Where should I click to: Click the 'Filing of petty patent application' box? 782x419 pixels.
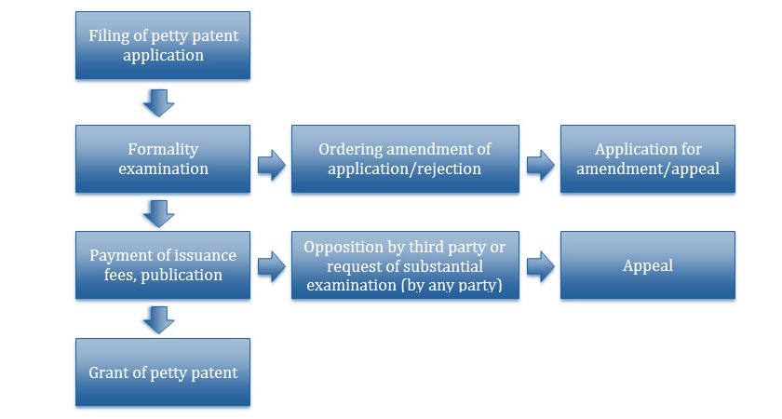coord(163,46)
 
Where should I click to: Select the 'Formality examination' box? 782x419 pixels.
coord(163,158)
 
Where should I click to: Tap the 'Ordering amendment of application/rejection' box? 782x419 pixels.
coord(405,158)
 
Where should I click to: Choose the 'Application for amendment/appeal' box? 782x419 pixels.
coord(648,158)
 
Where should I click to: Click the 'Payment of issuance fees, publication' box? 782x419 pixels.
coord(163,264)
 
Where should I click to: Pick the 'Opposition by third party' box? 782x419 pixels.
coord(405,264)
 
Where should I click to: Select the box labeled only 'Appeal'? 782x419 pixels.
coord(648,264)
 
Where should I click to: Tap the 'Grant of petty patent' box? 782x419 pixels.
coord(163,372)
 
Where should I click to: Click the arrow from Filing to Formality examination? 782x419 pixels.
coord(158,102)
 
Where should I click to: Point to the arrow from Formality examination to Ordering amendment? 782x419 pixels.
coord(271,165)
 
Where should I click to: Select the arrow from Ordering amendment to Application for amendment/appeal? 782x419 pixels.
coord(541,165)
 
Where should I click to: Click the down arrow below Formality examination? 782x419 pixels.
coord(158,213)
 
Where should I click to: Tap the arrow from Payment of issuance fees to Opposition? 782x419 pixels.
coord(271,266)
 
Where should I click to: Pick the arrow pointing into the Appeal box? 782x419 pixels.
coord(541,266)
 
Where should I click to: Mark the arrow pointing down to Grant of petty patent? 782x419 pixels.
coord(158,319)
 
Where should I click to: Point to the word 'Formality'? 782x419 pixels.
coord(163,149)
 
